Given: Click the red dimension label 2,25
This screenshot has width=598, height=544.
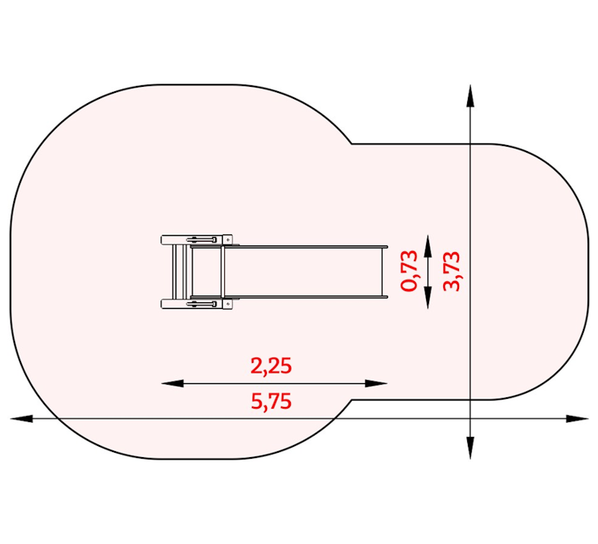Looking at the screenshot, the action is pyautogui.click(x=271, y=365).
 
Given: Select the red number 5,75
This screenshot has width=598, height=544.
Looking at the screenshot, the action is pyautogui.click(x=271, y=401).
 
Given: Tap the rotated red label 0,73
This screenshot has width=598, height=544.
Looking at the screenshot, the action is pyautogui.click(x=409, y=270).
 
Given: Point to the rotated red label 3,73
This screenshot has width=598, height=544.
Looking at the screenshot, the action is pyautogui.click(x=451, y=271).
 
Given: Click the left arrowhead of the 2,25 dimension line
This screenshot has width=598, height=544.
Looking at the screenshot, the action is pyautogui.click(x=172, y=383).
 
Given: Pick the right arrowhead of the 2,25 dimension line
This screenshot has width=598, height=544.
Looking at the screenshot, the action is pyautogui.click(x=377, y=383).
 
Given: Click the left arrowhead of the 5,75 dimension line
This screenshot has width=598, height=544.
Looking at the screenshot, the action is pyautogui.click(x=22, y=419).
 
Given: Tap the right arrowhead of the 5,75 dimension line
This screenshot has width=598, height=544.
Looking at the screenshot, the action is pyautogui.click(x=577, y=419).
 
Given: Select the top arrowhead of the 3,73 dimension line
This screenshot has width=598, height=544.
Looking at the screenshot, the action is pyautogui.click(x=470, y=96).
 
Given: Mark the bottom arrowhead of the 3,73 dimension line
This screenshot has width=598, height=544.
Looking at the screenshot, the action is pyautogui.click(x=470, y=447).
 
